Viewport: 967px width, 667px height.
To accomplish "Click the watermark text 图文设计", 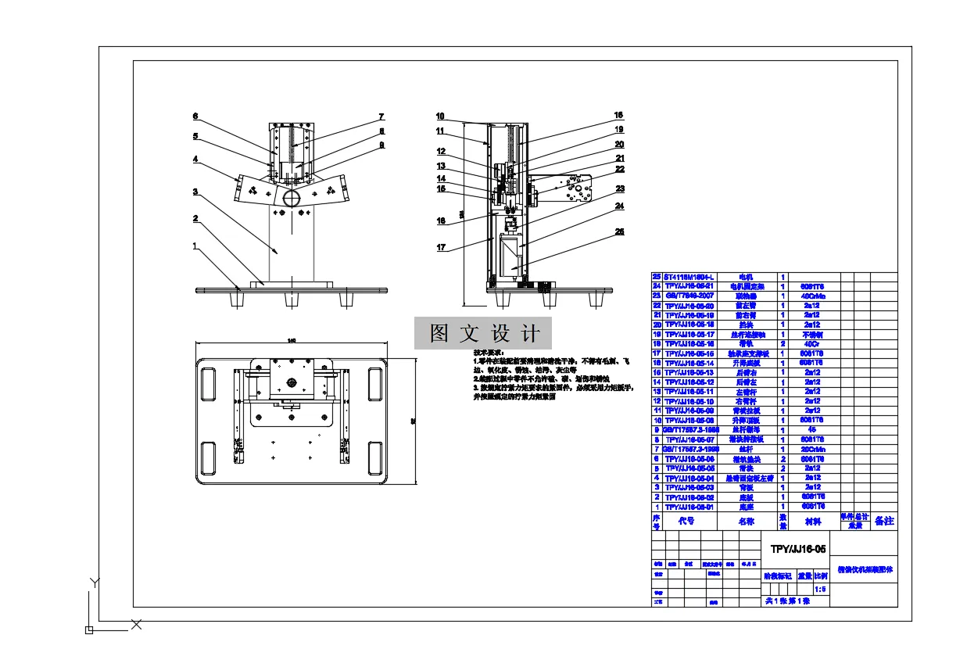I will tap(484, 334).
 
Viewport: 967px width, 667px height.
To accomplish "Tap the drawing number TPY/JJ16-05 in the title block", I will tap(797, 549).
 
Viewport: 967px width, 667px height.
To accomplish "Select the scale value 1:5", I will tap(820, 589).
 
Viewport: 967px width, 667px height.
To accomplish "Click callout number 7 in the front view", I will tap(382, 117).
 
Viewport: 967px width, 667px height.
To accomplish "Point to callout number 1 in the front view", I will tap(195, 246).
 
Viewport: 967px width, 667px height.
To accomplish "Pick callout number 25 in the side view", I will tap(619, 231).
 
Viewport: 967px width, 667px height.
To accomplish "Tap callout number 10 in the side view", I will tap(441, 116).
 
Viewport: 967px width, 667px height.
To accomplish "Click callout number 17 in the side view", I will tap(441, 248).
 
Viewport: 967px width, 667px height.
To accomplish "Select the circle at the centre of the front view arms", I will tap(292, 197).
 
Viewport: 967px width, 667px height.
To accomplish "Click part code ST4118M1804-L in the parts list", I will tap(690, 277).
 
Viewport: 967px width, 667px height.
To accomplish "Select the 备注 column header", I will tap(883, 521).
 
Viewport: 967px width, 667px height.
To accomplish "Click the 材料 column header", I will tap(814, 521).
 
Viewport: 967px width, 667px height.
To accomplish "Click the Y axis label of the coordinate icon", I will tap(93, 583).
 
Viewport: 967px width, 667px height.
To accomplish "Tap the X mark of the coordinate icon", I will tap(136, 624).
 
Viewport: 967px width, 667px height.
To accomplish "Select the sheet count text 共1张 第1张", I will tap(786, 601).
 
